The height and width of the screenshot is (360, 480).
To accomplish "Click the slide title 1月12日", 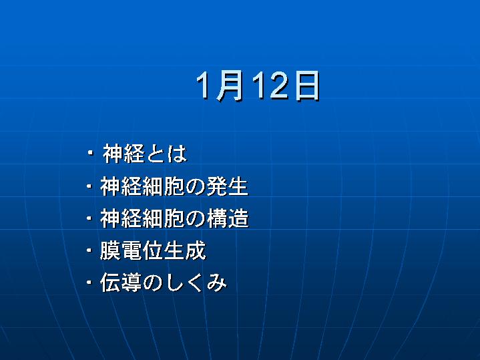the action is [258, 85].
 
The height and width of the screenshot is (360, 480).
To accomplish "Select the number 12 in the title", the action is [270, 85].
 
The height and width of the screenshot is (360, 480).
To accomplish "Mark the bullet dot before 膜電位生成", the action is [89, 250].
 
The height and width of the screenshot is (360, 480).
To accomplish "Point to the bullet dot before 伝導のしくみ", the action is [89, 282].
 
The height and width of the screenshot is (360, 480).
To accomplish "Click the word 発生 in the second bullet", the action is [228, 186].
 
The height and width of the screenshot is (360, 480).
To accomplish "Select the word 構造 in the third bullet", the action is [228, 218].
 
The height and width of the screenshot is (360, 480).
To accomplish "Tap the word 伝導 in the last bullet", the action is [121, 283].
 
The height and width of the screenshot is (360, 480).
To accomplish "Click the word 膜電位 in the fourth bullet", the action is [132, 250].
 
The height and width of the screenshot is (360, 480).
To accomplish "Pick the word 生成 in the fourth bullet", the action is [185, 250].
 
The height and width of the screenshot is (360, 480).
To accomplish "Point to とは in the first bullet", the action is [166, 153].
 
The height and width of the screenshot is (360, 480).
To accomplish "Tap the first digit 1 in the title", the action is [203, 85].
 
